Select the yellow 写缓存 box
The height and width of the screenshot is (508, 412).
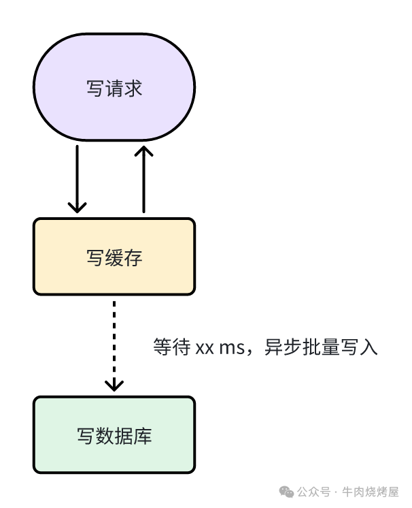tap(114, 256)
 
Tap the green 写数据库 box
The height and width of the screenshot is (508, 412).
tap(114, 434)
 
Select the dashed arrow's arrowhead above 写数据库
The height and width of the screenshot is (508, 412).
tap(114, 385)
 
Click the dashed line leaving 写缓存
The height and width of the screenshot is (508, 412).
tap(114, 334)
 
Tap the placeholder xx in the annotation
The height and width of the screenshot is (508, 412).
tap(205, 348)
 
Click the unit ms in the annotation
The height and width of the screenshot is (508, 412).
tap(232, 348)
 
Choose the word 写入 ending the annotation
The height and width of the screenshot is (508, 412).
tap(358, 347)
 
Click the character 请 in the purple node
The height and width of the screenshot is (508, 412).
tap(114, 89)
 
